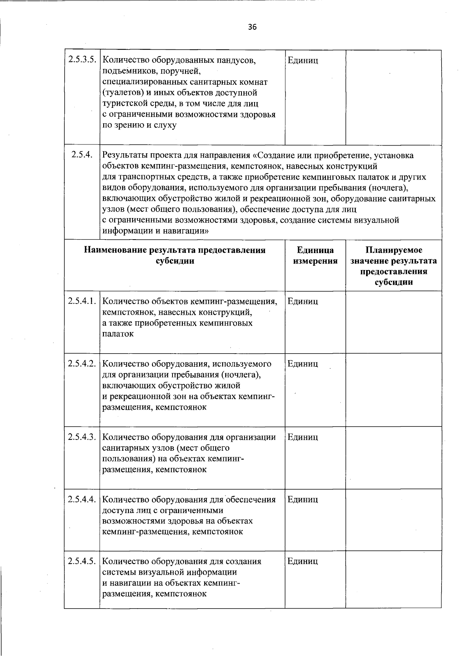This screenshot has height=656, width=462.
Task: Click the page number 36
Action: (252, 27)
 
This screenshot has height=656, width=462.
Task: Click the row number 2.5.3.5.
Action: (82, 60)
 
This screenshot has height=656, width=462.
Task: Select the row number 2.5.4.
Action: (82, 155)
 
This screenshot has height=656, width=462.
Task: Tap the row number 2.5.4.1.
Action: (82, 301)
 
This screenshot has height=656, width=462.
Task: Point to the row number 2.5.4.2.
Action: (82, 364)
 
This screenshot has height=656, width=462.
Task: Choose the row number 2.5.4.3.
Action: (82, 437)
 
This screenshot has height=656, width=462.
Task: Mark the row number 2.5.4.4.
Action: (82, 500)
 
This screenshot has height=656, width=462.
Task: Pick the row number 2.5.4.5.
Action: (82, 561)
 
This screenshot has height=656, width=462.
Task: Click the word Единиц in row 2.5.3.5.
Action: (303, 60)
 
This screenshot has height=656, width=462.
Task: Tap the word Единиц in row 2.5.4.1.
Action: (303, 302)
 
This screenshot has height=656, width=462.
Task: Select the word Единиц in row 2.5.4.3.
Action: (303, 437)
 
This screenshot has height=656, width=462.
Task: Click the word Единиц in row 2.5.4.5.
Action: (303, 561)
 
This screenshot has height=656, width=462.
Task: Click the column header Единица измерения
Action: (315, 256)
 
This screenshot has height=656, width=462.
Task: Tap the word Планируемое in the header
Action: (393, 250)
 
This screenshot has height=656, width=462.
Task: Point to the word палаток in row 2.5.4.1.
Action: (118, 334)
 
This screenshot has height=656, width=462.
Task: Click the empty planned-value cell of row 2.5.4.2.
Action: (393, 389)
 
